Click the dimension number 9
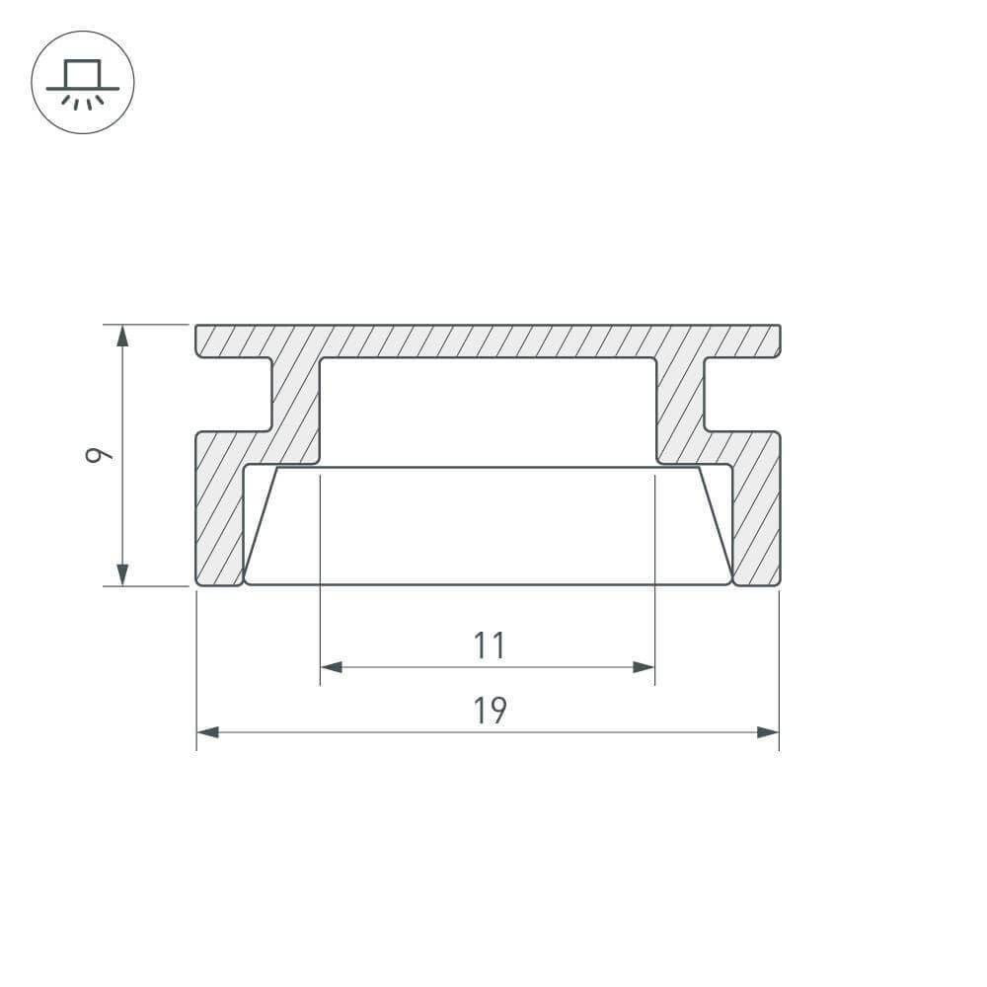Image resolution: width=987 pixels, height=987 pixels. (x=99, y=454)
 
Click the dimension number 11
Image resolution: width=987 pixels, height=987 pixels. (x=490, y=645)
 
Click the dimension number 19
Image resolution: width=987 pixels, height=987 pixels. (x=490, y=710)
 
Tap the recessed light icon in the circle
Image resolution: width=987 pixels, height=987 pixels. (x=83, y=84)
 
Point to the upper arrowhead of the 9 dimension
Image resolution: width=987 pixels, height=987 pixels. (x=122, y=336)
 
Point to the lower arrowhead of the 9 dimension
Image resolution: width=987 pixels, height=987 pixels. (x=122, y=574)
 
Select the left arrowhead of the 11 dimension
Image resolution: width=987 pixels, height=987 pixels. (x=331, y=666)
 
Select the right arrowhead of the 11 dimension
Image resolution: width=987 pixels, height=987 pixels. (x=644, y=666)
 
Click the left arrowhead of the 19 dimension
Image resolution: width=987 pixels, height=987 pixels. (x=207, y=732)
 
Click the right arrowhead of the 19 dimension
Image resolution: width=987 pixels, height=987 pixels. (x=768, y=732)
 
